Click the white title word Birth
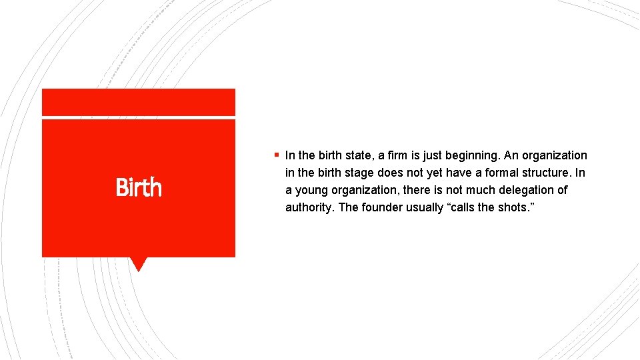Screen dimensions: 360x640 (139, 187)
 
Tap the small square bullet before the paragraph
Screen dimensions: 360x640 (275, 155)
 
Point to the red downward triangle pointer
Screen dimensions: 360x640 (138, 264)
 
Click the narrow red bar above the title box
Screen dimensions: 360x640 (138, 102)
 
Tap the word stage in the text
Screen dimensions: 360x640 (355, 173)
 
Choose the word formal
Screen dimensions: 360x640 (489, 173)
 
